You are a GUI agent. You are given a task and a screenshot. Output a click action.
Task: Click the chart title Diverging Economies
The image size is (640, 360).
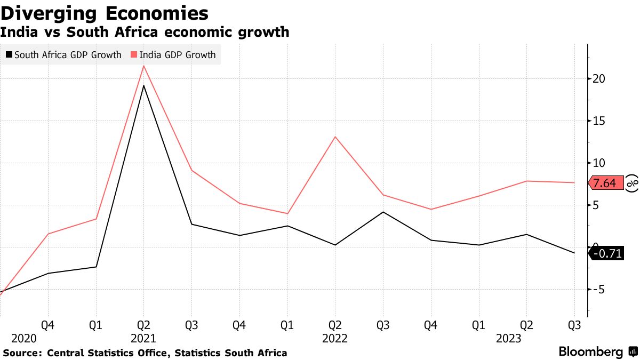click(104, 12)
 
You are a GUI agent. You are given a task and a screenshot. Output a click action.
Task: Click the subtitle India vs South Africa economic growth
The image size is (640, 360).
click(145, 32)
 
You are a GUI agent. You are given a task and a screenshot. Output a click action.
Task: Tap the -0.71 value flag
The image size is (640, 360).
click(607, 254)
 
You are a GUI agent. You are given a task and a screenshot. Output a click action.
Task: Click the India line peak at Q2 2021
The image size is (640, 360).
click(143, 66)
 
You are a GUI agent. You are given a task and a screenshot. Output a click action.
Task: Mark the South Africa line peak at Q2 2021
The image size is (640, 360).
click(143, 85)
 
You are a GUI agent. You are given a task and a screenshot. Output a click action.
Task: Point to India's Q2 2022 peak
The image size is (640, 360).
click(335, 137)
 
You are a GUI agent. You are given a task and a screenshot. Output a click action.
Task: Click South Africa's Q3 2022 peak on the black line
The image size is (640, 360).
click(383, 212)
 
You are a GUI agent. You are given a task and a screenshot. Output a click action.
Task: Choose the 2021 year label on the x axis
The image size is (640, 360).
click(143, 339)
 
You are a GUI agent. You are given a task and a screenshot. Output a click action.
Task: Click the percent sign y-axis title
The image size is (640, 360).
click(632, 183)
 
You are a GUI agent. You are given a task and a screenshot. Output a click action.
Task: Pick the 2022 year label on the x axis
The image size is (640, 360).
click(335, 339)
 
